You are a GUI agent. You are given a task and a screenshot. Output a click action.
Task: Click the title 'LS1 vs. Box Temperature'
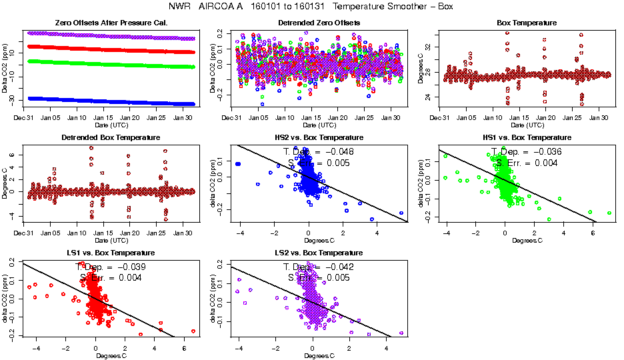click(109, 253)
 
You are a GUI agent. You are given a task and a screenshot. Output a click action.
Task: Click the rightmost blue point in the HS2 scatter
click(401, 213)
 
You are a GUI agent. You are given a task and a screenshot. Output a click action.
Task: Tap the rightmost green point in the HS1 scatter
click(609, 213)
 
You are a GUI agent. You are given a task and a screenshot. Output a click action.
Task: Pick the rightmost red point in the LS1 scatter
click(193, 331)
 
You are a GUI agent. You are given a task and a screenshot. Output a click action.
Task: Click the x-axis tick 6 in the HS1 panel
click(593, 233)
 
